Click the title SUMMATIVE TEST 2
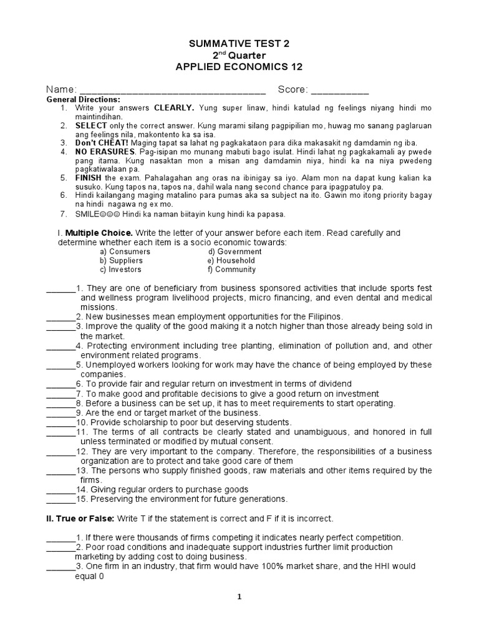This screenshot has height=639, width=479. pos(239,44)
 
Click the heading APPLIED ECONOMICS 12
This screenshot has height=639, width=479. pos(239,67)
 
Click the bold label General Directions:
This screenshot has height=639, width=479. pos(84,100)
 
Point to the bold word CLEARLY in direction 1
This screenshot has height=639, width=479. pos(174,108)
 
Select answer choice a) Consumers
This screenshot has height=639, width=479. pos(125,251)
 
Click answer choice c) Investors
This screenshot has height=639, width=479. pos(120,270)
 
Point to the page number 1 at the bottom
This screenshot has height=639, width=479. pos(239,597)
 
